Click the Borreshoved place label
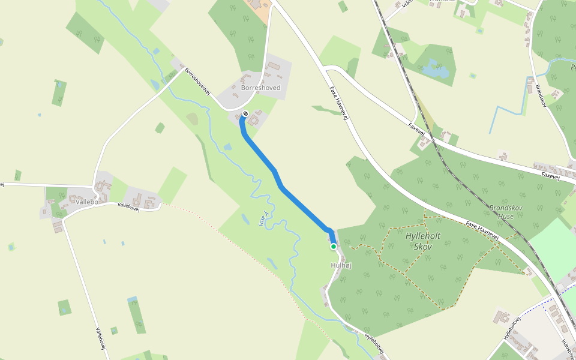click(260, 88)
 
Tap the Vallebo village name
click(87, 202)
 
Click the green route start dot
click(334, 246)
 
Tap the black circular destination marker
click(245, 114)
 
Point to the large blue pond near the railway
click(435, 70)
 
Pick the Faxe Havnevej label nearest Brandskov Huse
click(482, 231)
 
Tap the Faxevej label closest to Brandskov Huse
click(550, 176)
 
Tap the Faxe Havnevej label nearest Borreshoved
click(339, 103)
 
